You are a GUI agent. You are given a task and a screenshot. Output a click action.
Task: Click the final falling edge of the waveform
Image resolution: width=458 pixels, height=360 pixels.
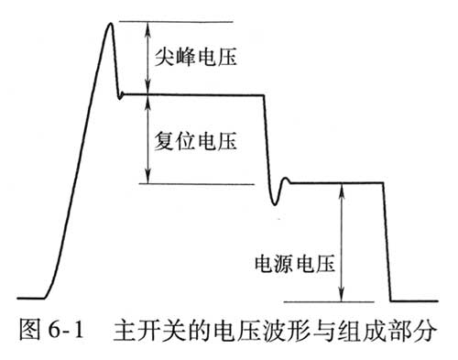387,243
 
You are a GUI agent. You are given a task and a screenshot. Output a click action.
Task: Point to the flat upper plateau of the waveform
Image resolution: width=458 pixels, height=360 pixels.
192,93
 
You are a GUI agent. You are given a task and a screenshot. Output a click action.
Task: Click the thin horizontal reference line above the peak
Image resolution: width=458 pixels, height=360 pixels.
183,19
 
